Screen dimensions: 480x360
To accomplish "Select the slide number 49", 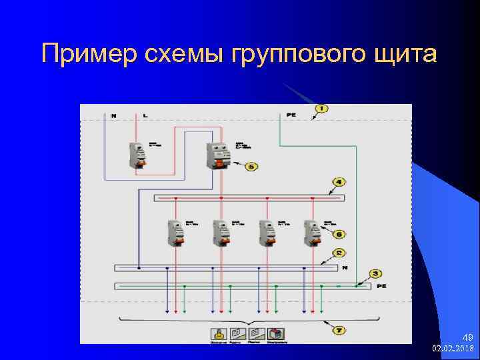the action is pos(467,338).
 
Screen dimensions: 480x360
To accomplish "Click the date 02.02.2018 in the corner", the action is pos(453,349).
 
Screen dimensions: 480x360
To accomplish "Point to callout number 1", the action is pos(321,108).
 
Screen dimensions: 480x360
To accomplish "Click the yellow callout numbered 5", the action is pos(251,166).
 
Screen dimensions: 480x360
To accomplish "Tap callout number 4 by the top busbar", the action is pos(339,181).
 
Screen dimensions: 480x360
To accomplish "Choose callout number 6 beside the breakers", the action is pos(339,234).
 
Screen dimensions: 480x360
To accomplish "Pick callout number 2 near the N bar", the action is pos(339,253).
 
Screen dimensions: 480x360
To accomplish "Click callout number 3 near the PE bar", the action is pos(375,273).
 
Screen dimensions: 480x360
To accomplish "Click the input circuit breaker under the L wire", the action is pos(139,155).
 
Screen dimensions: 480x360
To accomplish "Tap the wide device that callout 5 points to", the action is pos(218,156).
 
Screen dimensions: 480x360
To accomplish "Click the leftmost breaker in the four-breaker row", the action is pos(177,233).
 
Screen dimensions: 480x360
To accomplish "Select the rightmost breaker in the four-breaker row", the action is pos(311,233).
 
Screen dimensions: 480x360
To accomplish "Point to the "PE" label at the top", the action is pos(291,115).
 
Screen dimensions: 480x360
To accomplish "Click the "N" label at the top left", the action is pos(113,116).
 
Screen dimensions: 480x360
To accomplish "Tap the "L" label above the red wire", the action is pos(145,116).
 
